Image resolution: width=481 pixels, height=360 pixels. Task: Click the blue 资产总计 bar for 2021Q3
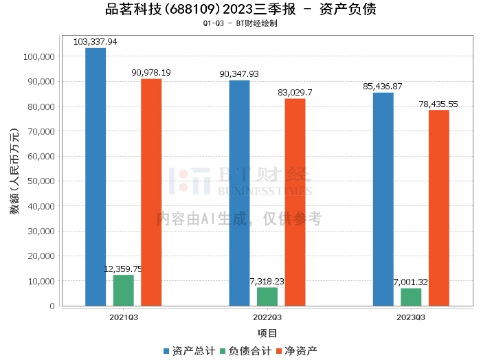pos(96,177)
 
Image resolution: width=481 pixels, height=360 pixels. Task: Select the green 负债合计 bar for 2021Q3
pos(124,290)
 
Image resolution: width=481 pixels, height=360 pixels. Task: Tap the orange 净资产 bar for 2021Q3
pos(151,192)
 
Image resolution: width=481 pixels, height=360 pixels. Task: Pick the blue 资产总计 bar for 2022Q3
pos(240,193)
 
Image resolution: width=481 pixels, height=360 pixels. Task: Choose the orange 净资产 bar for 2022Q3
pos(295,202)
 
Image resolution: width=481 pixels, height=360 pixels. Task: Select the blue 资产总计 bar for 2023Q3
pos(383,199)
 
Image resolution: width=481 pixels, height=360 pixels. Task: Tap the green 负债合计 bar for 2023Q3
pos(411,297)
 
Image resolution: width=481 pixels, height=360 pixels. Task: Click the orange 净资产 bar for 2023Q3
pos(438,207)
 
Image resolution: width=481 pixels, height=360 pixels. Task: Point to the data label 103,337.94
pos(96,42)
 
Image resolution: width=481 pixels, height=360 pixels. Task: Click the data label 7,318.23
pos(267,282)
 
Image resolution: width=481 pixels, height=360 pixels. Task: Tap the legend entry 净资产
pos(296,351)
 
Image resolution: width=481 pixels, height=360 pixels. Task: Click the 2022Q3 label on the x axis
pos(267,318)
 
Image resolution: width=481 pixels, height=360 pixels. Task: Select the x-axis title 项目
pos(267,333)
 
